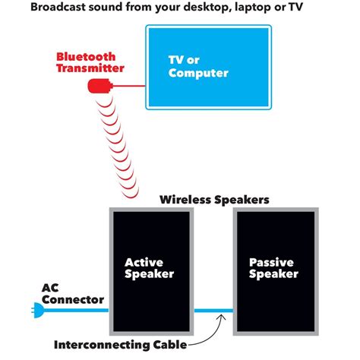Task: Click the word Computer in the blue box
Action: [198, 74]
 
